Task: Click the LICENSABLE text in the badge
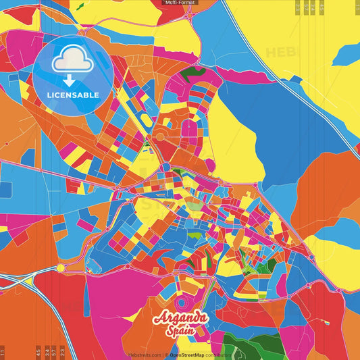coord(73,95)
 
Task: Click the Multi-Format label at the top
coord(180,3)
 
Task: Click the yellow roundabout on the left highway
coord(61,268)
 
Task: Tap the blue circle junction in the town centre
coord(165,167)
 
